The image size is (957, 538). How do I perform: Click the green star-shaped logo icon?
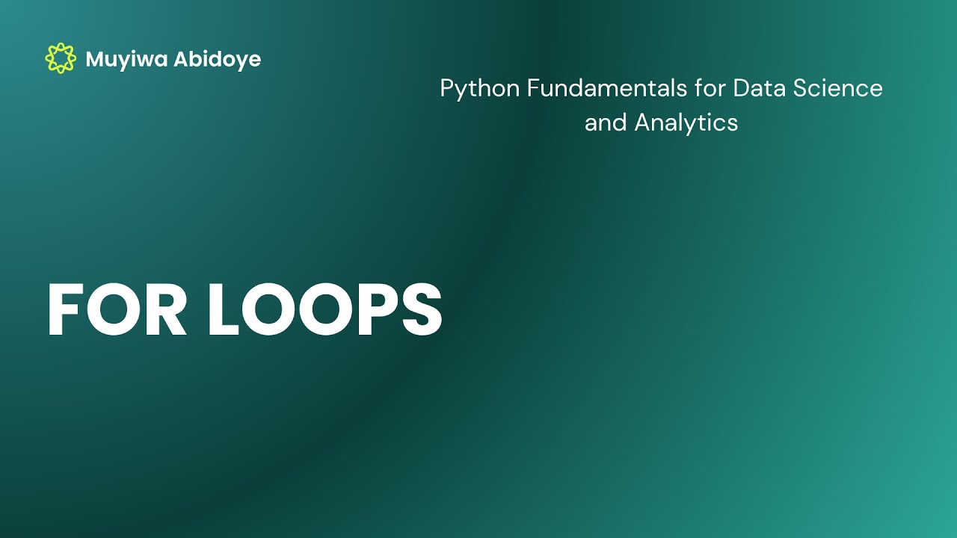coord(61,58)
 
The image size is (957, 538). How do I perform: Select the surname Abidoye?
coord(217,60)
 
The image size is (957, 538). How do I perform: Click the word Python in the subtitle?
coord(480,89)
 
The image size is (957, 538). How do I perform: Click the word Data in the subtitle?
coord(752,88)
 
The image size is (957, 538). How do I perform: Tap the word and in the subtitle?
coord(606,123)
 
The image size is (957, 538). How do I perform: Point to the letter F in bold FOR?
coord(63,311)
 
